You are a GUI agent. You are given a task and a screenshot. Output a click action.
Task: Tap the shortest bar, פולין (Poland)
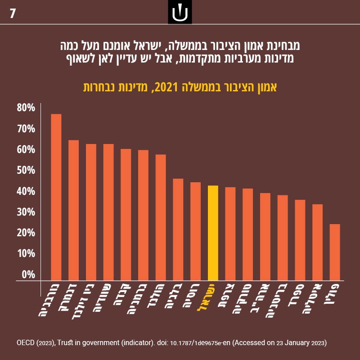coord(335,252)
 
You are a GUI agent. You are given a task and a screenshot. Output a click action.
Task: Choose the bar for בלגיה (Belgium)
coord(178,229)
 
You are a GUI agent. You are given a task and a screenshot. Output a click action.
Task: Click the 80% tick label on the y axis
coord(26,108)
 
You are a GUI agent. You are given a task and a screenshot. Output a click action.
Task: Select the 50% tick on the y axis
coord(26,170)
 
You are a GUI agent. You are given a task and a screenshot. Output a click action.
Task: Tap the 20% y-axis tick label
coord(26,233)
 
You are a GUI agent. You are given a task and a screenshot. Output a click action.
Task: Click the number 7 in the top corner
coord(13,13)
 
